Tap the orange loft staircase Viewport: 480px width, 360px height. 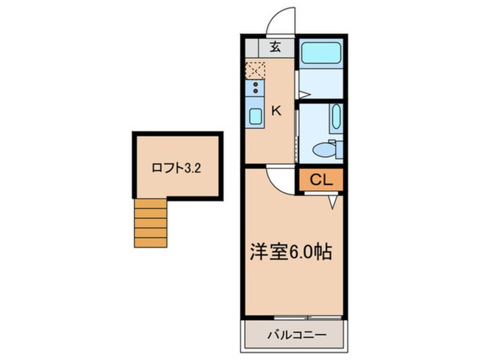(150, 223)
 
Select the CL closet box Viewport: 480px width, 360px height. (321, 180)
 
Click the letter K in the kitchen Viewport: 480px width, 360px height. (276, 111)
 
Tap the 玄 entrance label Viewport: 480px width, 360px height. (275, 48)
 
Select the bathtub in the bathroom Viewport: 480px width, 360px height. (321, 53)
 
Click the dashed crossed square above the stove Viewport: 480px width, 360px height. (255, 71)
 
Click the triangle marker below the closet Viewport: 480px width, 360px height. (333, 200)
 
